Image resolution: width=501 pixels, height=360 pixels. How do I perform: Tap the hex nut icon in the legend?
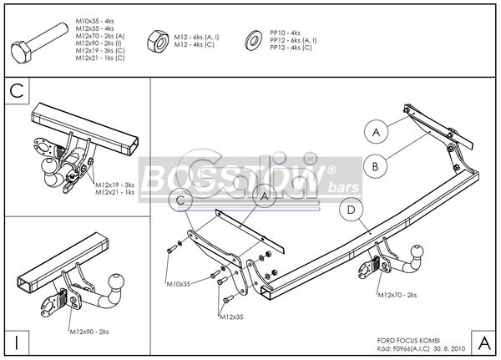[x=156, y=42]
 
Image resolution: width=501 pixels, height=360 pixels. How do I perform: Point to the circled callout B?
[x=376, y=165]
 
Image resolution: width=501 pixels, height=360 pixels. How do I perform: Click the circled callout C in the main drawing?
[x=181, y=200]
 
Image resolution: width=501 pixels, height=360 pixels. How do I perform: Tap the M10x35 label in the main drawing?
[x=178, y=285]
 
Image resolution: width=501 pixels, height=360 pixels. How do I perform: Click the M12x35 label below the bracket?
[x=232, y=317]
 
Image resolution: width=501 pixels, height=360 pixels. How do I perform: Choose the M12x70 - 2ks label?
[x=397, y=296]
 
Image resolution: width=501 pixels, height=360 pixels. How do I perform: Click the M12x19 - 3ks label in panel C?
[x=115, y=185]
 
